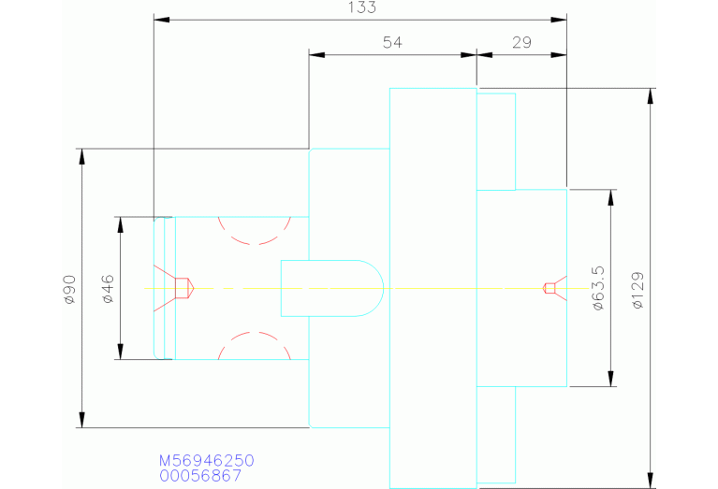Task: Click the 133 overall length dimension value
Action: pyautogui.click(x=362, y=7)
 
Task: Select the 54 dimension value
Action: pyautogui.click(x=392, y=42)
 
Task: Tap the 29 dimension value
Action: pyautogui.click(x=521, y=42)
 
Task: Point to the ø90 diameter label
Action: pyautogui.click(x=69, y=289)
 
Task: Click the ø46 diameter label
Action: pyautogui.click(x=108, y=289)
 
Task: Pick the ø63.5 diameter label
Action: pyautogui.click(x=598, y=288)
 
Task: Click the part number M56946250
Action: pyautogui.click(x=207, y=460)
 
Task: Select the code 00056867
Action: pyautogui.click(x=200, y=476)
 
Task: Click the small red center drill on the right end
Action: pyautogui.click(x=555, y=288)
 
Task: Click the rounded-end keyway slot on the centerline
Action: pyautogui.click(x=332, y=288)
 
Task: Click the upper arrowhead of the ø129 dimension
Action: pyautogui.click(x=651, y=96)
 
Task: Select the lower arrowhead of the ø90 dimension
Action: pyautogui.click(x=82, y=420)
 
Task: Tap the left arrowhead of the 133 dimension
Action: pyautogui.click(x=162, y=20)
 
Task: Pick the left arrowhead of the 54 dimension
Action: pyautogui.click(x=316, y=55)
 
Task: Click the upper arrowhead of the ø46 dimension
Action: pyautogui.click(x=121, y=225)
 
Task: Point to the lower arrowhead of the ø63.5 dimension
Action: pyautogui.click(x=611, y=379)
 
